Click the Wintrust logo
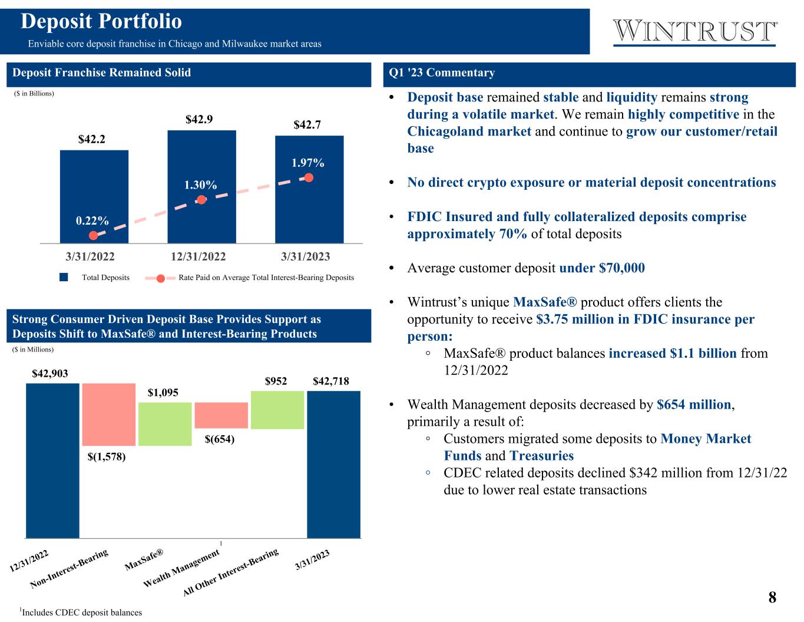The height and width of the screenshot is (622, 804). [x=694, y=32]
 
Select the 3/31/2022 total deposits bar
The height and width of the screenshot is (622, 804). [x=94, y=196]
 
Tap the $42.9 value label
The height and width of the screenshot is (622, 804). [x=199, y=119]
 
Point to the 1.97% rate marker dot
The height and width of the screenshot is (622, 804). [x=309, y=178]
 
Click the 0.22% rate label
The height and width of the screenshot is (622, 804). [x=92, y=221]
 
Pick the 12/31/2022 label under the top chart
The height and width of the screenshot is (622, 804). [x=198, y=256]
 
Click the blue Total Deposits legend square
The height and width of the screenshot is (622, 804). [x=64, y=277]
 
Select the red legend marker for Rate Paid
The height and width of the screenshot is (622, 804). [x=160, y=278]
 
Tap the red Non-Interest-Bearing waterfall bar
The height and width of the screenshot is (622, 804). [x=109, y=414]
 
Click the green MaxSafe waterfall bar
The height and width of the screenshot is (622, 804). [x=165, y=424]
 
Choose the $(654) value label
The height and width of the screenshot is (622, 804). [x=220, y=439]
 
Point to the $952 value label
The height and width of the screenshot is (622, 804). [x=276, y=381]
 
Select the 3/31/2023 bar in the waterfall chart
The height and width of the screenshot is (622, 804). [x=334, y=464]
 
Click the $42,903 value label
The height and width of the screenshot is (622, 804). [x=50, y=373]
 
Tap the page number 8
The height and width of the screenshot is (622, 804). [x=772, y=597]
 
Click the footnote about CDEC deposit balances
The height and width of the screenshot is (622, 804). [x=81, y=612]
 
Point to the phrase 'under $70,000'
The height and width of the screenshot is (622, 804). [x=601, y=268]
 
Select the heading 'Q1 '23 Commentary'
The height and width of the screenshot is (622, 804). [x=441, y=73]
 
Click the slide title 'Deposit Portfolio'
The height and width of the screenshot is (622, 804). [x=101, y=21]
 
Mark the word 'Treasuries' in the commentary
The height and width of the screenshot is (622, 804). [x=541, y=455]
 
